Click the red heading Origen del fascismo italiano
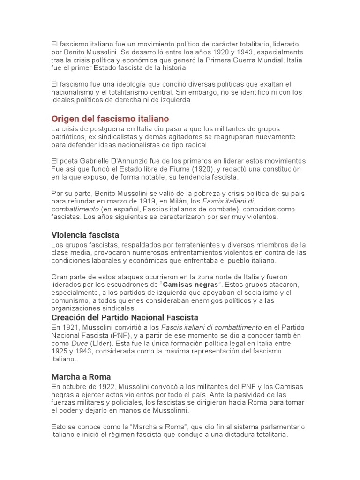pyautogui.click(x=110, y=119)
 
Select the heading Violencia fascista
pyautogui.click(x=85, y=234)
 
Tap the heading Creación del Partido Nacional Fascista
pyautogui.click(x=125, y=317)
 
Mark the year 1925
pyautogui.click(x=60, y=351)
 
